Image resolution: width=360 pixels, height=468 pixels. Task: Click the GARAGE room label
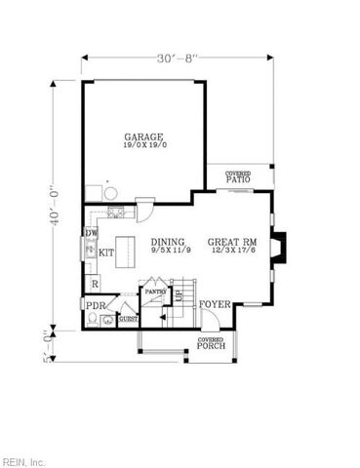click(x=143, y=136)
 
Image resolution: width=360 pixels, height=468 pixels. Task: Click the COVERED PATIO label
click(x=237, y=176)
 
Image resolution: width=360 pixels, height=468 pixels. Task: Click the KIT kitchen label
click(x=106, y=252)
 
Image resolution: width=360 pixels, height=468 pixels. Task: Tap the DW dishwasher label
click(x=91, y=234)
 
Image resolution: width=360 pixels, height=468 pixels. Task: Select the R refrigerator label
click(x=94, y=284)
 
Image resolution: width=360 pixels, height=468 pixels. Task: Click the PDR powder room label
click(x=95, y=305)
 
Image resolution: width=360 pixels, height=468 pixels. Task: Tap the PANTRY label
click(x=154, y=290)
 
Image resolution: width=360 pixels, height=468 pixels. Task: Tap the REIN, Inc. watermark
click(x=23, y=459)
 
